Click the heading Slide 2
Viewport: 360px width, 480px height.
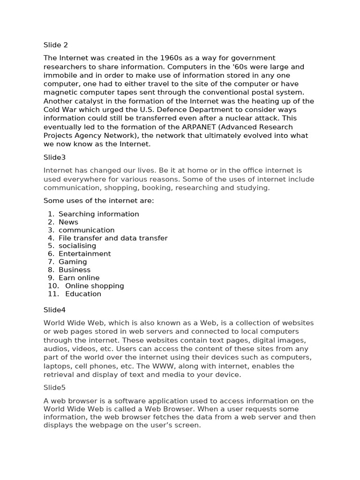click(x=56, y=45)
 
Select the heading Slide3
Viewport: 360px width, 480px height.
click(x=55, y=157)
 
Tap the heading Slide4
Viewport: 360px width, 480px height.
click(x=55, y=310)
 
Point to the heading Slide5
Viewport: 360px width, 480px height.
click(x=55, y=388)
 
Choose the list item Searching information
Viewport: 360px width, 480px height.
click(x=98, y=214)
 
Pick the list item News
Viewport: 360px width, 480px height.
click(x=68, y=222)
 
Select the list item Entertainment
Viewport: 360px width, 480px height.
click(x=84, y=254)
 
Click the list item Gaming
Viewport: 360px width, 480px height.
click(x=73, y=262)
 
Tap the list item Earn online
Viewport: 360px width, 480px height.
click(x=79, y=278)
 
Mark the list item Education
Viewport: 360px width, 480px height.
click(x=83, y=294)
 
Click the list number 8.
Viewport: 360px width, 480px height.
click(x=51, y=270)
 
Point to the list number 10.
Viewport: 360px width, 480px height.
click(x=53, y=286)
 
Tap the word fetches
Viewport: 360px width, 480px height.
click(x=160, y=417)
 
